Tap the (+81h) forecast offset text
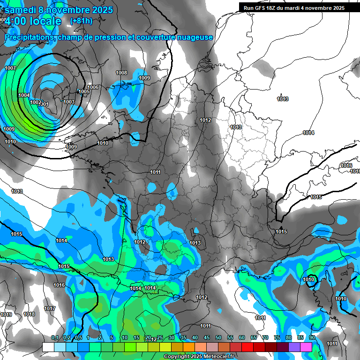click(x=81, y=21)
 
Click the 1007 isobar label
click(x=10, y=68)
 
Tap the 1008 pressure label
click(x=121, y=73)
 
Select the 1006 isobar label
click(x=93, y=87)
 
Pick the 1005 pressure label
click(x=84, y=91)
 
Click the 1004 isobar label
click(x=24, y=95)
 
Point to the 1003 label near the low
click(x=69, y=102)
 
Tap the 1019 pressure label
click(x=6, y=315)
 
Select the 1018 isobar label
click(x=29, y=314)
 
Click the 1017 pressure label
click(x=50, y=308)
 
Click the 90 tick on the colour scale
click(x=312, y=338)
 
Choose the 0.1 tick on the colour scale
click(x=54, y=338)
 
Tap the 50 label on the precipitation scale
click(x=218, y=338)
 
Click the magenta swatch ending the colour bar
click(x=306, y=347)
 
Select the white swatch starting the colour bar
click(x=48, y=347)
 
